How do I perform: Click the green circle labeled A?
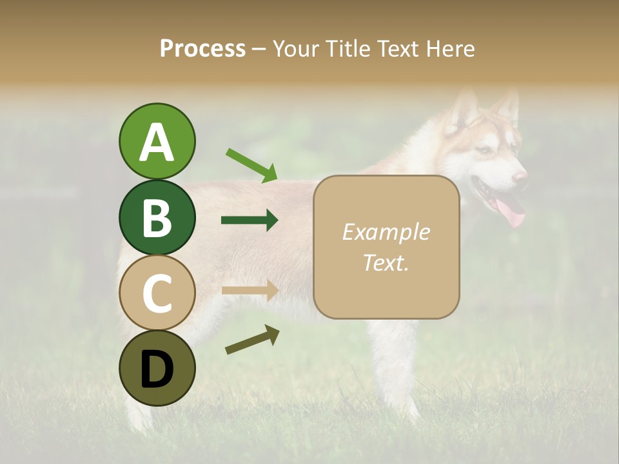[157, 141]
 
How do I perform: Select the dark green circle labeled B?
[157, 217]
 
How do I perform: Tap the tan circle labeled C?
[157, 293]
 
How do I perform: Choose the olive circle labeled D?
[157, 369]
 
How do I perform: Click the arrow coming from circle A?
[251, 164]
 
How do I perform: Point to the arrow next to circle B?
[250, 220]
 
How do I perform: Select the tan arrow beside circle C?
[250, 291]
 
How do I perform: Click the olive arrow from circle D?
[252, 340]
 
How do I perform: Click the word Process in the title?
[202, 48]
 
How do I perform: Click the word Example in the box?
[386, 232]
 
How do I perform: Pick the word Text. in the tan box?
[386, 262]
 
